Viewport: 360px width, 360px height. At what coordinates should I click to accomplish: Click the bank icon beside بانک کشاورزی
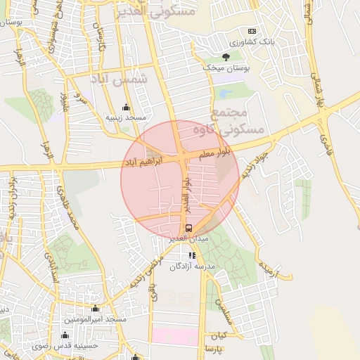[252, 32]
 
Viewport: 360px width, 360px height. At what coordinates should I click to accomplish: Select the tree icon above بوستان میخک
[226, 56]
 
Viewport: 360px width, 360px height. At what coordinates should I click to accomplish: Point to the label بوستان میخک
[226, 67]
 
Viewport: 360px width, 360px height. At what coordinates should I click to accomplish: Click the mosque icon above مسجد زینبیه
[126, 107]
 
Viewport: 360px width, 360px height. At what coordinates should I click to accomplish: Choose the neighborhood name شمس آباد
[120, 81]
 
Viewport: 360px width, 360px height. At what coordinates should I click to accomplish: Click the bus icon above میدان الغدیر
[188, 228]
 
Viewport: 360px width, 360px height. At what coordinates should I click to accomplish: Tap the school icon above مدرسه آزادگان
[192, 255]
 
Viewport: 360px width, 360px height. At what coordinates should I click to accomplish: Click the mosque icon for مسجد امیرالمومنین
[96, 309]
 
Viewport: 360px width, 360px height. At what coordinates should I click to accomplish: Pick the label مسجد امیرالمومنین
[96, 320]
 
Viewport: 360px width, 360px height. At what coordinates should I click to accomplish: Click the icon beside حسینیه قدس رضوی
[65, 335]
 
